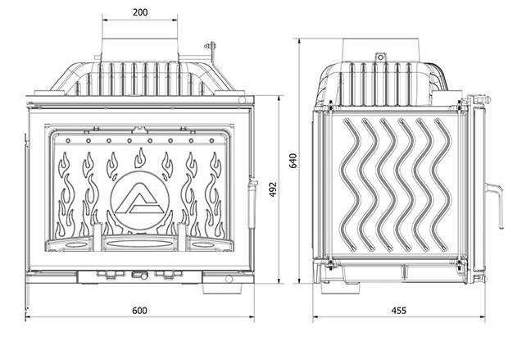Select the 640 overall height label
293,160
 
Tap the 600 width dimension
139,310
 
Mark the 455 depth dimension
398,310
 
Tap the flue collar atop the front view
138,47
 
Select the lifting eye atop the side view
379,57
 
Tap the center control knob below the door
136,276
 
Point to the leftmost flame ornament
64,197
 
